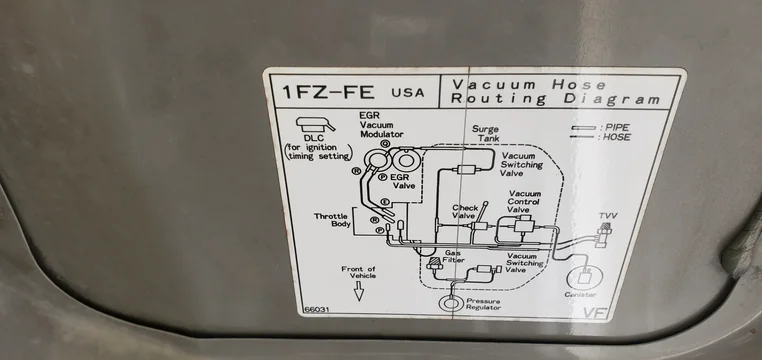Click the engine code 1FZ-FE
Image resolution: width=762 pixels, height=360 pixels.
328,92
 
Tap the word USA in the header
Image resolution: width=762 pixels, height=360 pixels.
408,92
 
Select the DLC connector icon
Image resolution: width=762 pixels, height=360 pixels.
315,125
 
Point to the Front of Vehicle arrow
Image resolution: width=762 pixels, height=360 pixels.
359,291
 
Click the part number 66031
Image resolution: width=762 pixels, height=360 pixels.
314,309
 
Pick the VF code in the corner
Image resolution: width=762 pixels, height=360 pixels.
595,313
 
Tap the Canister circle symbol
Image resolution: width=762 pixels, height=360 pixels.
584,277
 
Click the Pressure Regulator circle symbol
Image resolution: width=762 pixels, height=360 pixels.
450,303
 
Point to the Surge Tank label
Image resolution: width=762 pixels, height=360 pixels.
485,134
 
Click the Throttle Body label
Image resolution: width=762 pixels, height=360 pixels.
331,220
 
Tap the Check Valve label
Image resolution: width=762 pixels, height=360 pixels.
465,211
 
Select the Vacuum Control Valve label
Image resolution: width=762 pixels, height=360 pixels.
524,201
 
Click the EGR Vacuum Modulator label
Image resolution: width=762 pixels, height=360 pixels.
381,125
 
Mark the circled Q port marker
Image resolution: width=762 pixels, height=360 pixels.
385,144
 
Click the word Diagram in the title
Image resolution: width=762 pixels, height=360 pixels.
612,100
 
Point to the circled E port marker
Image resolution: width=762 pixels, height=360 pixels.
385,201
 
